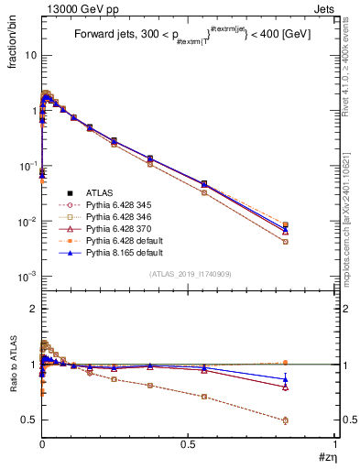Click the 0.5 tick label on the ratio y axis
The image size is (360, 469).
pyautogui.click(x=28, y=420)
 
